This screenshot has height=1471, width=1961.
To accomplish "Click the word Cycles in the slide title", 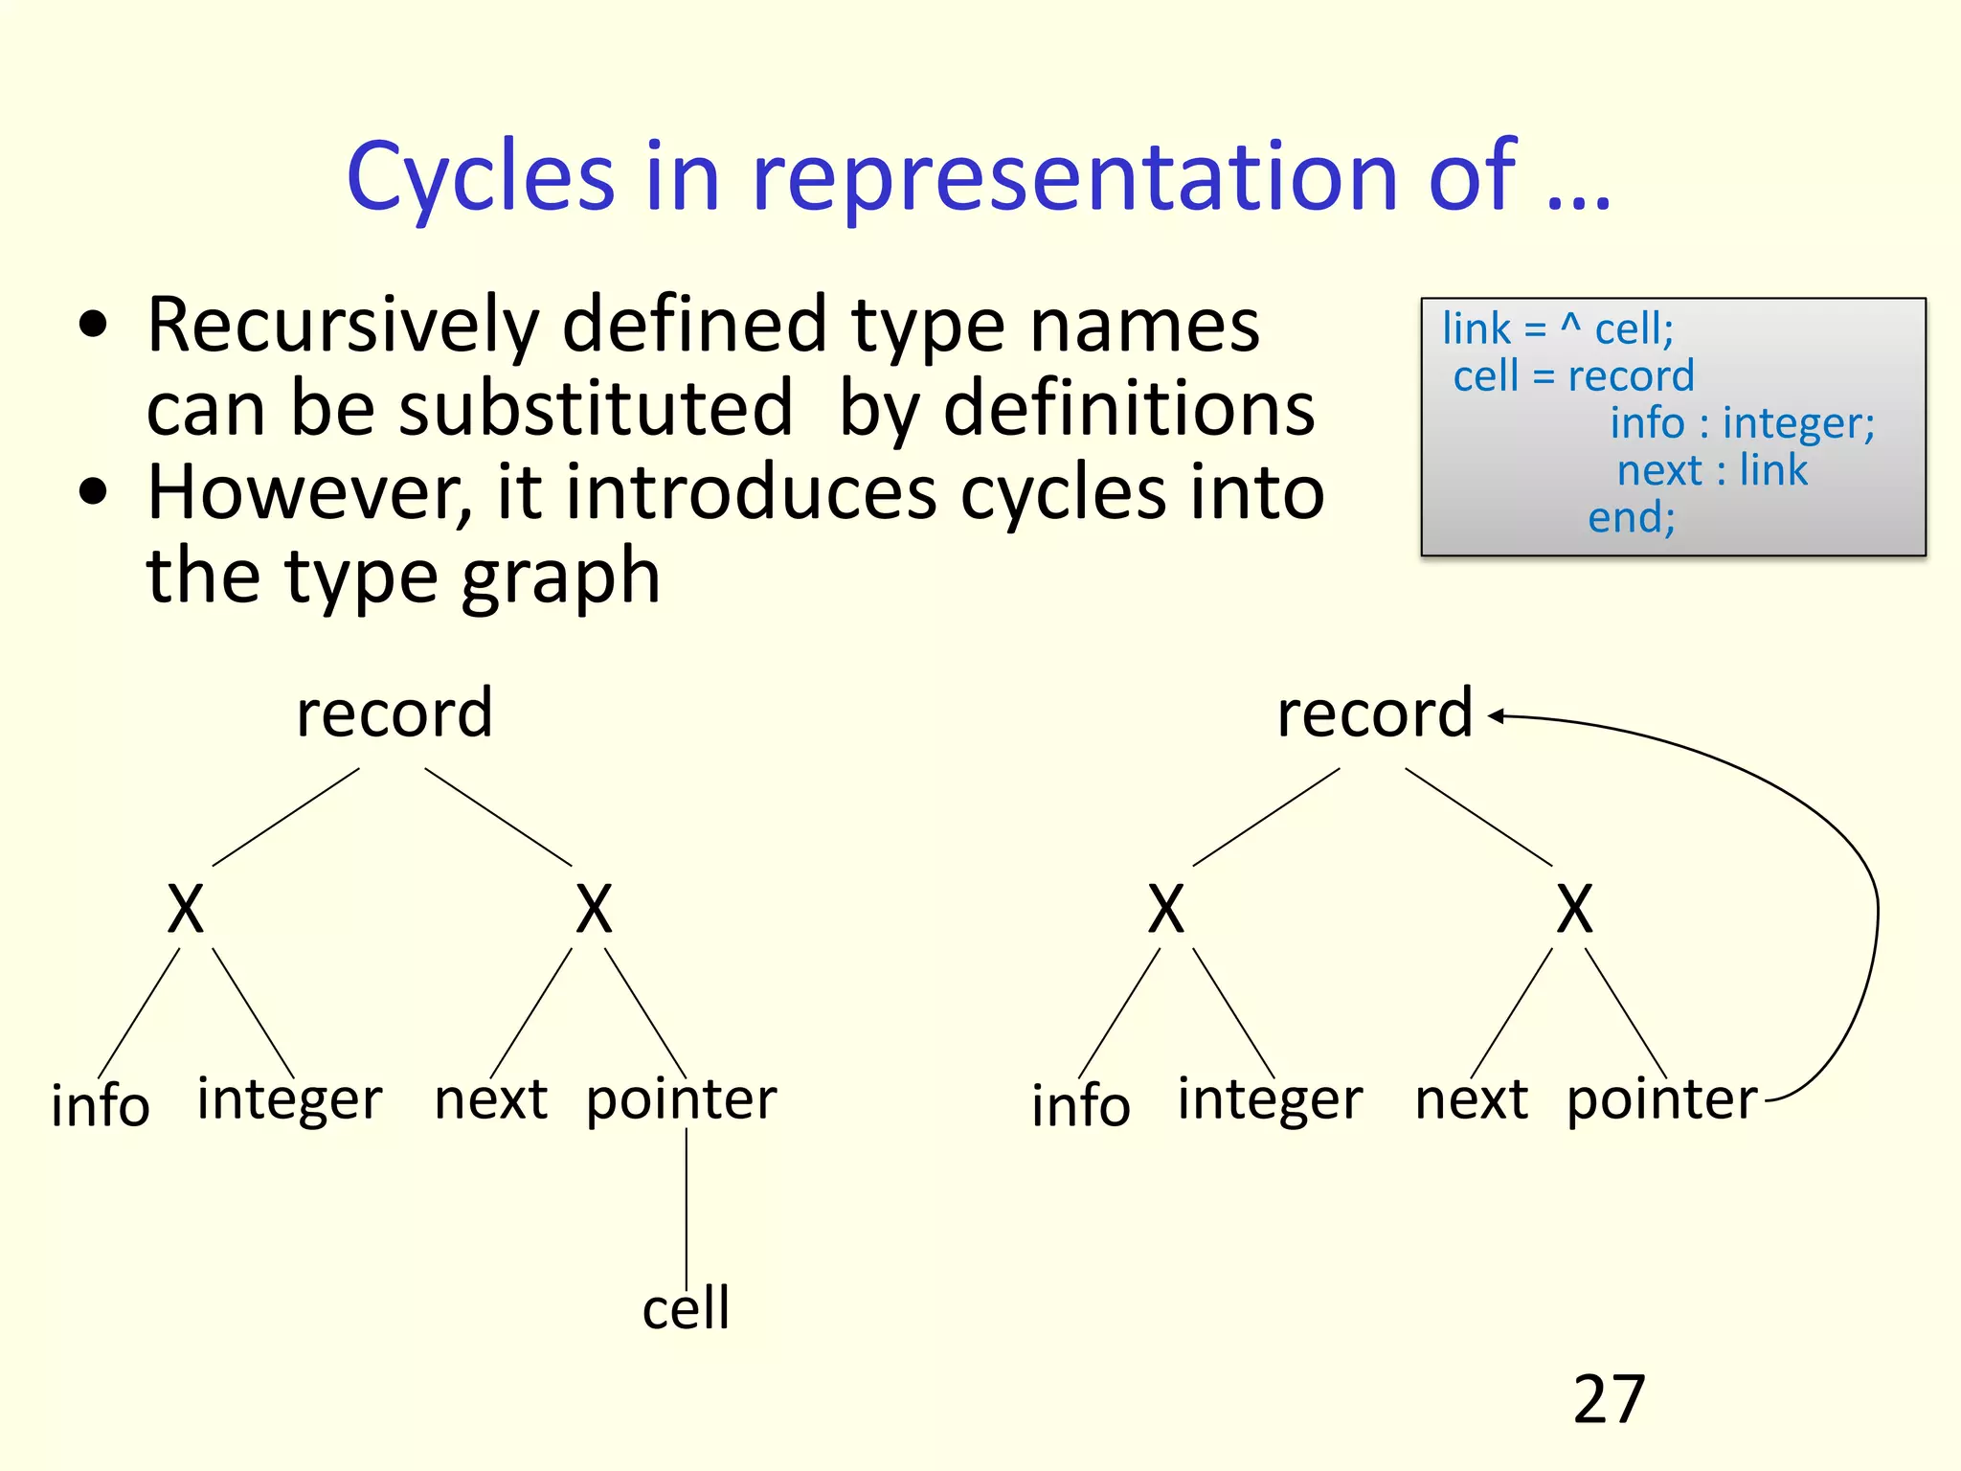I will [480, 177].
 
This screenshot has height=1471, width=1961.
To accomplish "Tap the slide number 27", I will [1609, 1400].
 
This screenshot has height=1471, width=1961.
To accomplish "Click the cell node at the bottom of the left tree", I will [686, 1308].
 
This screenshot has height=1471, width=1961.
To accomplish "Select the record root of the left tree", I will [394, 714].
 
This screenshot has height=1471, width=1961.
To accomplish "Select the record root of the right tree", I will [1375, 714].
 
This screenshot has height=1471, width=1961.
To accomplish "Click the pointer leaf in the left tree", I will [681, 1099].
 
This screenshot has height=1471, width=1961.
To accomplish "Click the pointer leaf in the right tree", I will [1661, 1099].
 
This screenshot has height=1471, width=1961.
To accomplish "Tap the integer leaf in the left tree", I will [289, 1099].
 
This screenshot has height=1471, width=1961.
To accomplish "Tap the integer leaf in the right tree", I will [1270, 1099].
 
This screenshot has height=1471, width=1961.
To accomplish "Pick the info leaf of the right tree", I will [1081, 1106].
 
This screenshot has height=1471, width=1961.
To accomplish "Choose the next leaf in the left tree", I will [490, 1099].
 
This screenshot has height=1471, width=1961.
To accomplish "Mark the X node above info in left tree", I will [186, 910].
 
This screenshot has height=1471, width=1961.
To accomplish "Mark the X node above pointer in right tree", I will [1574, 910].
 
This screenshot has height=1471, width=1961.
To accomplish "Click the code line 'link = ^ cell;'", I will [1558, 328].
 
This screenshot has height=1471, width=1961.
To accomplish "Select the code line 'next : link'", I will [1712, 470].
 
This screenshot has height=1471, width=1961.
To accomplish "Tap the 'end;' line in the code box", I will [1632, 517].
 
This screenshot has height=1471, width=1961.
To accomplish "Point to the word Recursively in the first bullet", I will [343, 326].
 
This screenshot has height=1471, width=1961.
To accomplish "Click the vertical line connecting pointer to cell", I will [687, 1207].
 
